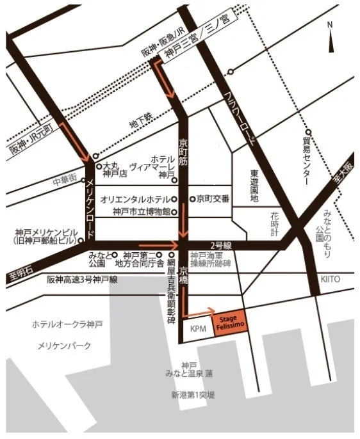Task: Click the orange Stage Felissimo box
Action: [229, 319]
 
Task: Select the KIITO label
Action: [331, 280]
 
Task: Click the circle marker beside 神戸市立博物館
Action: [174, 212]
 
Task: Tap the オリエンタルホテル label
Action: [135, 199]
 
